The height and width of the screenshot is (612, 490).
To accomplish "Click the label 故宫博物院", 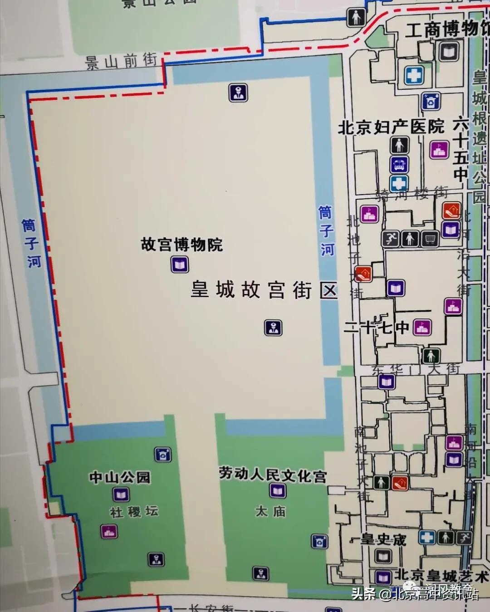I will click(182, 245).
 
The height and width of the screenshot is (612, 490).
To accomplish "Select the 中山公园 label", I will click(120, 477).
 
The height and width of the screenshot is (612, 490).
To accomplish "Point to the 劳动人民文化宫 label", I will click(273, 475).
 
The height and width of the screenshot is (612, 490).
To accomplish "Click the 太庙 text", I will click(271, 511).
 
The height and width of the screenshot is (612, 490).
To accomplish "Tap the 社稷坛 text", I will click(134, 512).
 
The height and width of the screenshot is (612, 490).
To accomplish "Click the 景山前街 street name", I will click(122, 61).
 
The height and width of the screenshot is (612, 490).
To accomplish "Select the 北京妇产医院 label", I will click(391, 127).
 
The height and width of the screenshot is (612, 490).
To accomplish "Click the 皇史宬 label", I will click(383, 539).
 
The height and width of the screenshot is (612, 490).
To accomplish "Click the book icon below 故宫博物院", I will click(180, 264).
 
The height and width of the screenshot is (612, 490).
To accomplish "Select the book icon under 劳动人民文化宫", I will click(277, 490).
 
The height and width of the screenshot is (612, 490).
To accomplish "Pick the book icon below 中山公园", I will click(121, 494).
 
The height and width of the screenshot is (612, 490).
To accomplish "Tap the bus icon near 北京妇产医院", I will click(399, 165).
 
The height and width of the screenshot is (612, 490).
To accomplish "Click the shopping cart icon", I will click(430, 238).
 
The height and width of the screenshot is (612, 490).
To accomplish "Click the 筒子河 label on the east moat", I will click(326, 230).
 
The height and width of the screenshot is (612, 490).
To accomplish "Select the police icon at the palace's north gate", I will click(237, 93).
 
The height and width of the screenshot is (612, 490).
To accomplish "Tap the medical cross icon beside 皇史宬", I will click(426, 538).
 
